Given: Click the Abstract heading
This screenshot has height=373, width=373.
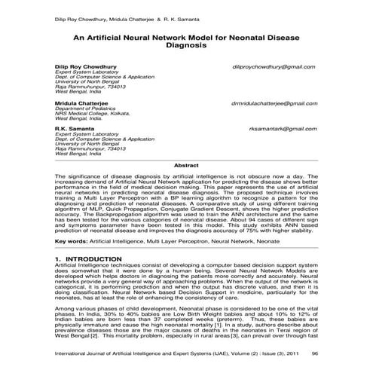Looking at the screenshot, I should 186,164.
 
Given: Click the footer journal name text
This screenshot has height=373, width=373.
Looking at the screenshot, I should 151,352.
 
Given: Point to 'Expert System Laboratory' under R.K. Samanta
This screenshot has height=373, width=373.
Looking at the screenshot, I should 83,134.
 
